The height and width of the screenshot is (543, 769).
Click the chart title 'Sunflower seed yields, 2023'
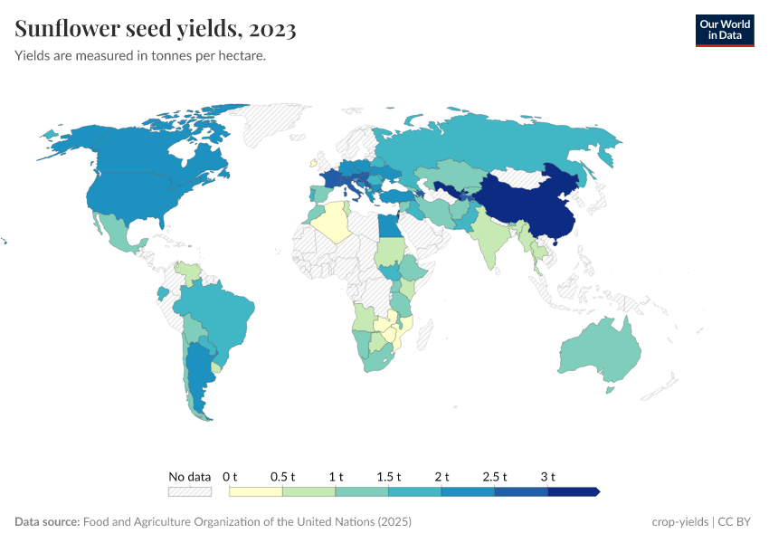(x=156, y=30)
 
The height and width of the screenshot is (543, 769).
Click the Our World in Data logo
(x=724, y=30)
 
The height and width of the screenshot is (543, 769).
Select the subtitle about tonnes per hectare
(x=140, y=56)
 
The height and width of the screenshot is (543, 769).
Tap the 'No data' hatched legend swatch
(x=189, y=491)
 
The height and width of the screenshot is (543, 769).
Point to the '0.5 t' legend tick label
(x=282, y=476)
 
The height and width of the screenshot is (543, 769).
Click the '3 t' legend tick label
(x=547, y=476)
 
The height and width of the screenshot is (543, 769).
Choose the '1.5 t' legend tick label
(x=388, y=476)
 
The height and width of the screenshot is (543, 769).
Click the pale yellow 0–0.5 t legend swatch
(x=256, y=491)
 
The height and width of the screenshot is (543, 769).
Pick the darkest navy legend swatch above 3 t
(x=573, y=491)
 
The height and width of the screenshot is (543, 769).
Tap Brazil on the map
(x=222, y=317)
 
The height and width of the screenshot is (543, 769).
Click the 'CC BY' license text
(x=736, y=522)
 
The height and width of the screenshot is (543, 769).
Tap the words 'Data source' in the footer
(x=47, y=522)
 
